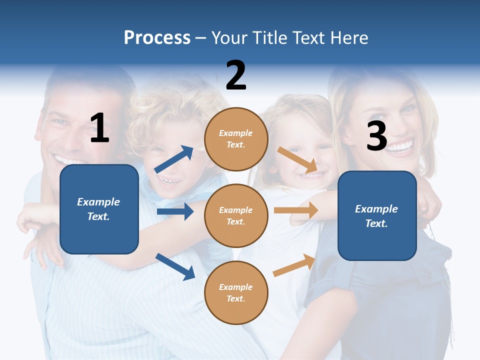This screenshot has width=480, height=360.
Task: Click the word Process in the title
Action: tap(157, 38)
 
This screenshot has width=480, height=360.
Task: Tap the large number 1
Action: tap(99, 128)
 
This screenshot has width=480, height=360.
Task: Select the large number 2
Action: tap(236, 75)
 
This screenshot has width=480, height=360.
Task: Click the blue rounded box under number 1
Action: tap(99, 209)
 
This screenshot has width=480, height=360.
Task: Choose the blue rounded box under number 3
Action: tap(377, 215)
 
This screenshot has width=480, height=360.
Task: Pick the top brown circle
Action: tap(236, 139)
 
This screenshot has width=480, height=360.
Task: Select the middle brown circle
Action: tap(236, 215)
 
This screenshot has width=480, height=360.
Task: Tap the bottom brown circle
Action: tap(236, 292)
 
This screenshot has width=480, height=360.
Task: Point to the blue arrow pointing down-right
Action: tap(175, 266)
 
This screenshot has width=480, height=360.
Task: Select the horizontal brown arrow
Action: tap(295, 210)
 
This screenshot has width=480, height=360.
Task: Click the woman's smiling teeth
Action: tap(399, 147)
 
